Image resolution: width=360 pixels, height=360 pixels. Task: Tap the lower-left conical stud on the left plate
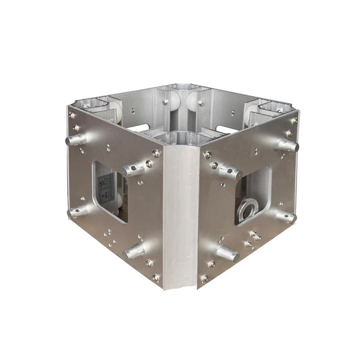pyautogui.click(x=77, y=211)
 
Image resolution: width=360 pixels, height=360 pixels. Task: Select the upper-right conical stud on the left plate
pyautogui.click(x=134, y=170)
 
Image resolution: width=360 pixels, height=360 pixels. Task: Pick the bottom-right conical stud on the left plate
pyautogui.click(x=134, y=251)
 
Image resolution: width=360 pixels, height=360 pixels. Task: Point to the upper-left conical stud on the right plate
pyautogui.click(x=229, y=172)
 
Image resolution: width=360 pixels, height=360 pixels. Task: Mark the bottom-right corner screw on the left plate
pyautogui.click(x=156, y=277)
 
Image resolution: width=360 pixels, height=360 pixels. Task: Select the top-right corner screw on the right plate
pyautogui.click(x=292, y=119)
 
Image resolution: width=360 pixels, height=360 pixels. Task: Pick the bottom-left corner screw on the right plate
pyautogui.click(x=204, y=278)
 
